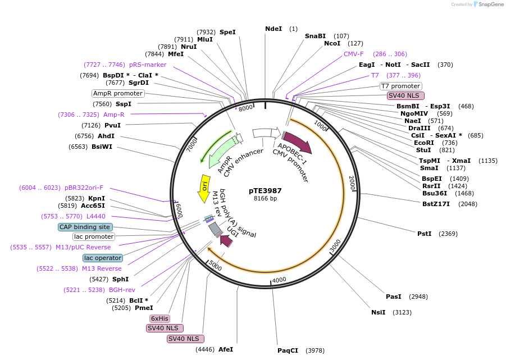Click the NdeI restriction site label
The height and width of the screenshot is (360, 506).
[x=273, y=29]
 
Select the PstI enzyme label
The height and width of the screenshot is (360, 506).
[x=424, y=233]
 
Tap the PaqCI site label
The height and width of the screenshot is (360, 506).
[x=288, y=350]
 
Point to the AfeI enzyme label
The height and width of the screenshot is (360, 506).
[x=225, y=349]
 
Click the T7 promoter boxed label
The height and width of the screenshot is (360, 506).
[x=400, y=86]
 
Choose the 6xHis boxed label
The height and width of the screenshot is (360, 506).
[x=159, y=318]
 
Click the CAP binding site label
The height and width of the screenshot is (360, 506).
[x=85, y=227]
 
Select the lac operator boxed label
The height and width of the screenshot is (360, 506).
[x=102, y=258]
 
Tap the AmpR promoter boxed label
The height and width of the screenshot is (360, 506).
[x=118, y=93]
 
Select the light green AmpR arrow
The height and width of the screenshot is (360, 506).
[x=219, y=149]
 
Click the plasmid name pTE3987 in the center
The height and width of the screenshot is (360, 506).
[x=265, y=190]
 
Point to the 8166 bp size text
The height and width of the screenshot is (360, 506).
[x=265, y=198]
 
